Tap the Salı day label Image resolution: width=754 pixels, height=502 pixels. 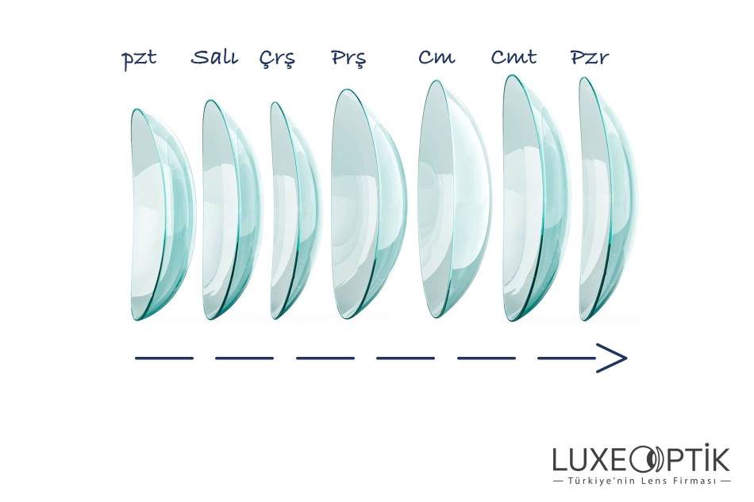214,58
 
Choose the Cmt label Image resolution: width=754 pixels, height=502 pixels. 514,57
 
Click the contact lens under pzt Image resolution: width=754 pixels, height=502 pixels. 161,214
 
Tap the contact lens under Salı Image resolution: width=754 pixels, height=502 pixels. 231,210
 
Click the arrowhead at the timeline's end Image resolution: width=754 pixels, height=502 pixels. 613,358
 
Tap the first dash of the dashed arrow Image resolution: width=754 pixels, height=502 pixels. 164,358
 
